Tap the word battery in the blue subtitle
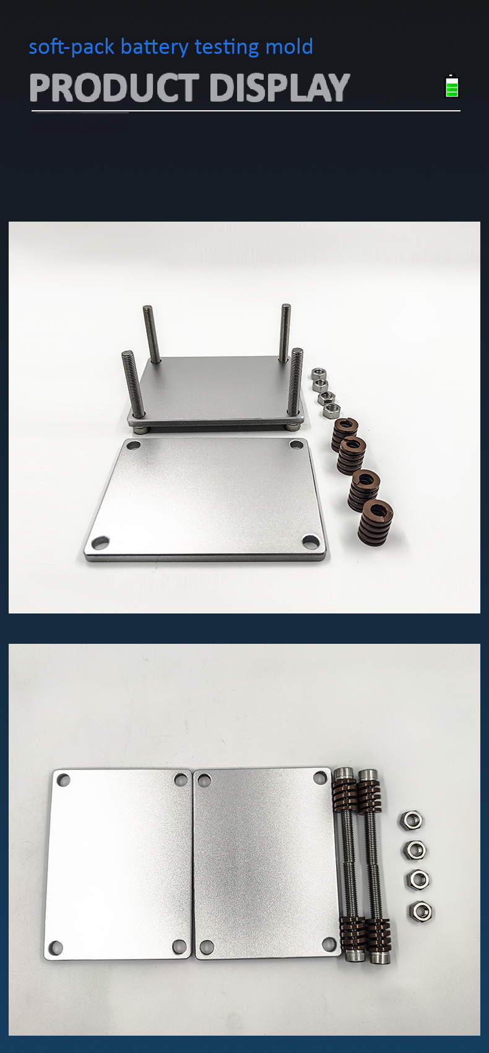click(x=155, y=48)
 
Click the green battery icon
click(x=452, y=86)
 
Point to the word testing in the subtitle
click(x=227, y=48)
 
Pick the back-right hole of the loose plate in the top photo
click(x=296, y=444)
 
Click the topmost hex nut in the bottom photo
click(x=412, y=820)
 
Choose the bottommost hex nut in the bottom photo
click(x=420, y=911)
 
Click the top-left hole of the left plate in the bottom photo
click(x=63, y=781)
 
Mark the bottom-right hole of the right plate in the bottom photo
click(x=329, y=943)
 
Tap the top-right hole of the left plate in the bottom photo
click(x=181, y=780)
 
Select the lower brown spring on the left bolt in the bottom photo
click(x=352, y=932)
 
